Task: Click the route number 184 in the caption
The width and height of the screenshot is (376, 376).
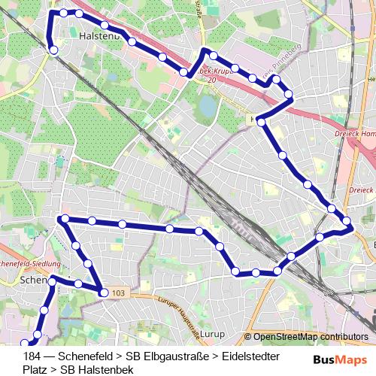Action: click(32, 356)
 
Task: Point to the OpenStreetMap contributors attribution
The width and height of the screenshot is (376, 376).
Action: click(306, 337)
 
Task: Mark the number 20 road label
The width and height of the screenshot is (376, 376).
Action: click(212, 79)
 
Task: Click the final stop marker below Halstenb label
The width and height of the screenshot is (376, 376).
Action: click(53, 50)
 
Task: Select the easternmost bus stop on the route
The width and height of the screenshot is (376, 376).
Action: click(348, 222)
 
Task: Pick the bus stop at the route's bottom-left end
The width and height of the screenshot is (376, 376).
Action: click(33, 342)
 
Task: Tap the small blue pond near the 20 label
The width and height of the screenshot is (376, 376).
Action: click(205, 106)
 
